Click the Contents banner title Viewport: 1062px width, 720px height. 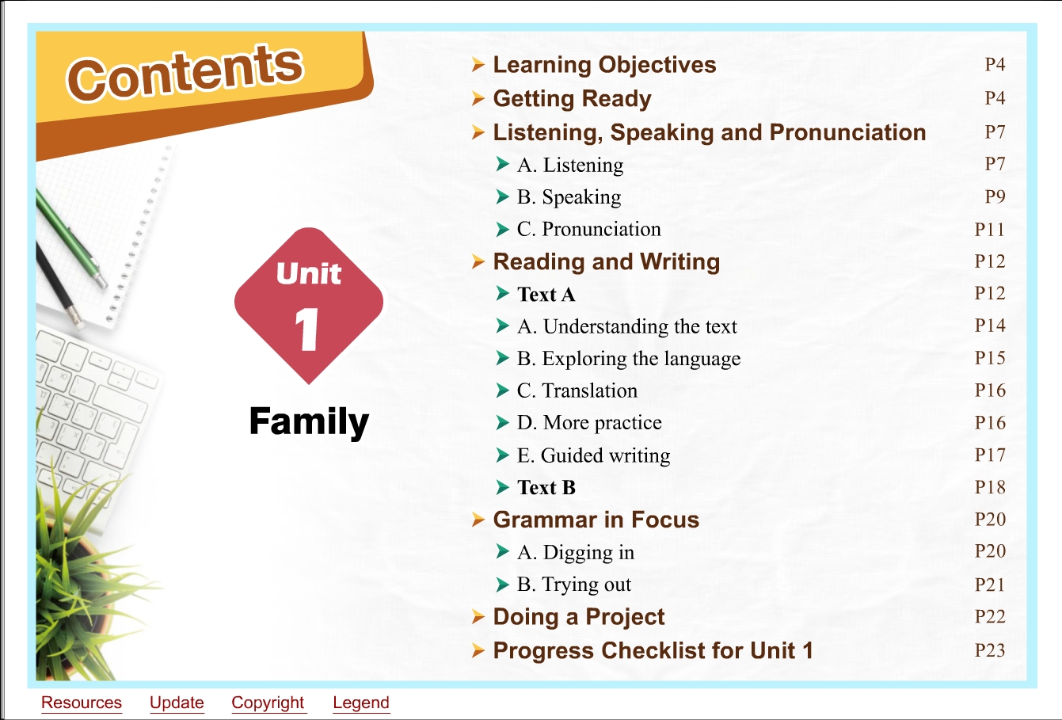point(185,73)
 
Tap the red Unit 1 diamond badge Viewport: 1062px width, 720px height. point(309,306)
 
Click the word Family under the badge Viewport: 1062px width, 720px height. point(309,421)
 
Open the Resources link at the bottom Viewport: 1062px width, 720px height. point(81,703)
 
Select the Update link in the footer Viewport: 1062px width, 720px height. point(177,703)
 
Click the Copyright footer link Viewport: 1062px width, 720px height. point(268,703)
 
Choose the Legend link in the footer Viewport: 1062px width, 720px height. point(361,703)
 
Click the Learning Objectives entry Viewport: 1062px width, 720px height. point(604,65)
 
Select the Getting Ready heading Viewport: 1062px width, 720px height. point(573,99)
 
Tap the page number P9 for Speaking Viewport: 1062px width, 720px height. point(995,196)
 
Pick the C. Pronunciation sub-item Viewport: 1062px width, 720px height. point(588,229)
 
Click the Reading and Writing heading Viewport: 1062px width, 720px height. point(607,262)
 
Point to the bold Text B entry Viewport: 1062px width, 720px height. point(546,488)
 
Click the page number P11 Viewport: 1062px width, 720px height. point(989,230)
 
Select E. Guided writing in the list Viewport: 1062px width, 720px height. point(594,455)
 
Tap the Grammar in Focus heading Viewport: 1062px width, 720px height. point(596,520)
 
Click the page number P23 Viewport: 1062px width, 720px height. point(990,650)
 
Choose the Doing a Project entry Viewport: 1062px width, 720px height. point(579,617)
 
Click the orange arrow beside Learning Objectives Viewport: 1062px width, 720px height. point(478,64)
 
